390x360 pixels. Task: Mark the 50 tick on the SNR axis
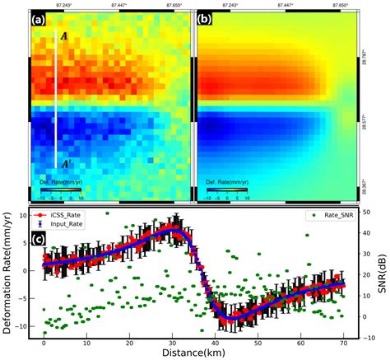tap(363, 210)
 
